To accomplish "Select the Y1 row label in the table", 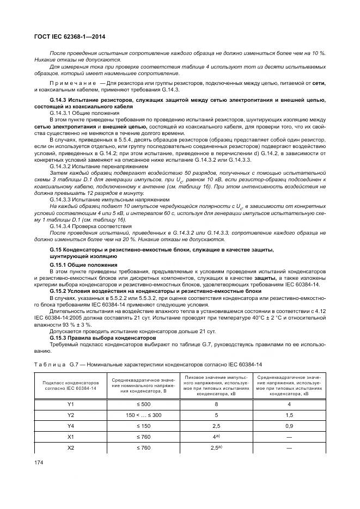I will [x=70, y=404].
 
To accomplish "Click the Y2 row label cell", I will [x=70, y=415].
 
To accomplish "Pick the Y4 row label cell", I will [x=70, y=426].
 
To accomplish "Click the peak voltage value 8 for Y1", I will [x=216, y=404].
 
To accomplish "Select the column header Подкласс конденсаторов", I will [x=70, y=383].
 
